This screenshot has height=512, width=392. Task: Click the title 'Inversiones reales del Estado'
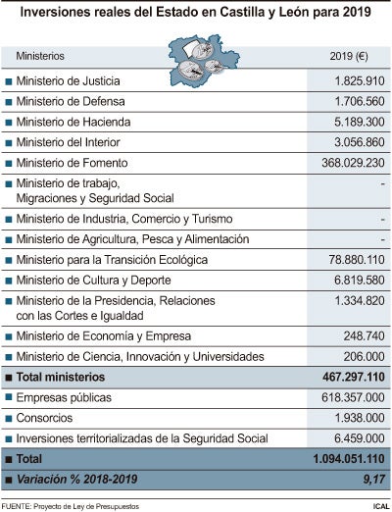[x=196, y=15]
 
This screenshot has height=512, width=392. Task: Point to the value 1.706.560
[x=358, y=101]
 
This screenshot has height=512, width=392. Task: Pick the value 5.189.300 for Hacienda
[x=358, y=122]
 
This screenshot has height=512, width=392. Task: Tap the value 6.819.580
[x=358, y=281]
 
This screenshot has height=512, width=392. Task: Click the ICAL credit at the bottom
[x=376, y=505]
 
